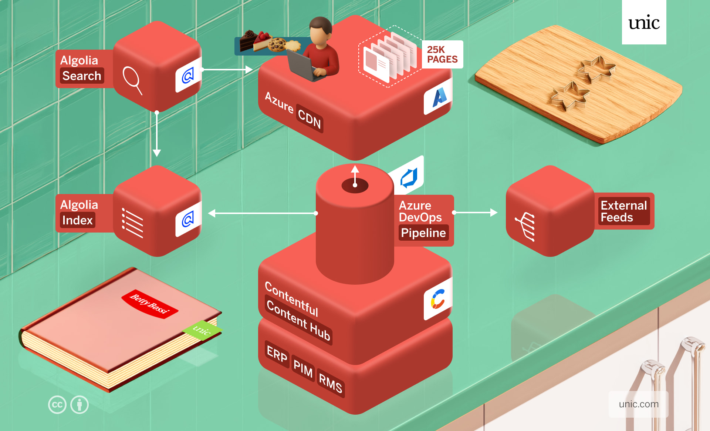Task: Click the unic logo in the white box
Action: (x=644, y=23)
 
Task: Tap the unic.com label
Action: (x=639, y=404)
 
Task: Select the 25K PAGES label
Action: (x=442, y=54)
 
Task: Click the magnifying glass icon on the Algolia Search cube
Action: (x=132, y=80)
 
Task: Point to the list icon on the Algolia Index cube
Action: (x=132, y=223)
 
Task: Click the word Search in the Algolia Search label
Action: (x=82, y=76)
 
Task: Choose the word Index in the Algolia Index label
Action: (x=77, y=220)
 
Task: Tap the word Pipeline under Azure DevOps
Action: (x=423, y=233)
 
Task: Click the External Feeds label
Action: (x=623, y=211)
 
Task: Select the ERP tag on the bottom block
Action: (x=277, y=355)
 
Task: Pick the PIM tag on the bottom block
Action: (x=303, y=369)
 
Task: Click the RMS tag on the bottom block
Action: (x=330, y=384)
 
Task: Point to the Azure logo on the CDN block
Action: (x=439, y=97)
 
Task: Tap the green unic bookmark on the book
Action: (x=202, y=329)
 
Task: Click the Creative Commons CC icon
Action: (x=57, y=405)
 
